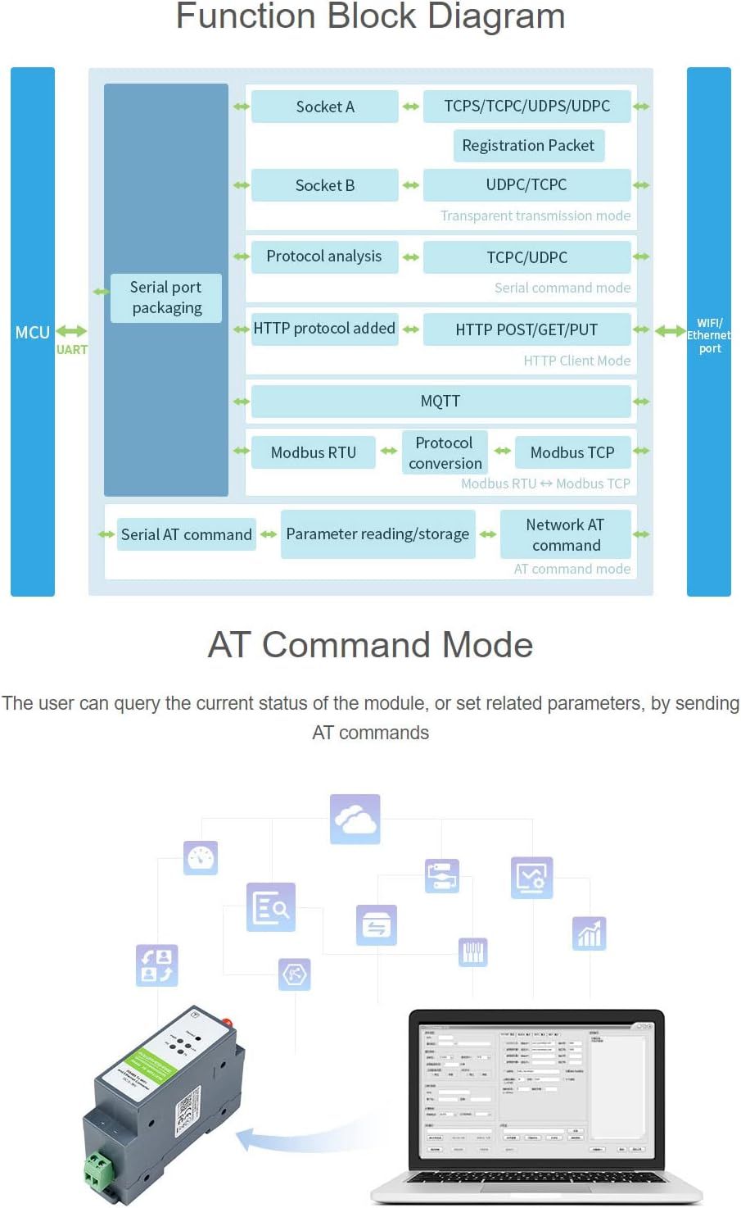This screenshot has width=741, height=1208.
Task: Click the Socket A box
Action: coord(324,107)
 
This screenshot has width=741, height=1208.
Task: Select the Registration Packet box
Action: coord(528,146)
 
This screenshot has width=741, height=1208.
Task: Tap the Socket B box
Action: coord(324,185)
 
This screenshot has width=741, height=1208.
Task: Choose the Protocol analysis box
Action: coord(324,257)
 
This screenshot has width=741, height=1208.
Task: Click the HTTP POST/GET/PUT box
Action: coord(526,329)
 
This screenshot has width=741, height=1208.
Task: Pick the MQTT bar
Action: coord(441,402)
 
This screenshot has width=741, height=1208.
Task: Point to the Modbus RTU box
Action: coord(313,452)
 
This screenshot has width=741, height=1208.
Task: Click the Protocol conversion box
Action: coord(445,453)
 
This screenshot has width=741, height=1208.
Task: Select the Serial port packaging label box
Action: coord(166,297)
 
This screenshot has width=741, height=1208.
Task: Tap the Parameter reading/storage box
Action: coord(377,534)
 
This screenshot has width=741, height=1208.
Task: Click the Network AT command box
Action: coord(565,534)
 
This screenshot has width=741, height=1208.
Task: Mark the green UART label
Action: coord(72,350)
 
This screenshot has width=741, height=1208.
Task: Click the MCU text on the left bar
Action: coord(32,333)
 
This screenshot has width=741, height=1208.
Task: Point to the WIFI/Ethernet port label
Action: coord(709,335)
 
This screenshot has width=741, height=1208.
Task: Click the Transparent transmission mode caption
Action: coord(535,216)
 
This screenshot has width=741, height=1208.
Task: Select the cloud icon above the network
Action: coord(355,819)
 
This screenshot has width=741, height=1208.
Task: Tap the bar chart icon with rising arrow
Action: coord(590,933)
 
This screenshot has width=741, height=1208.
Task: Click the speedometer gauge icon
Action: coord(201,858)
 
